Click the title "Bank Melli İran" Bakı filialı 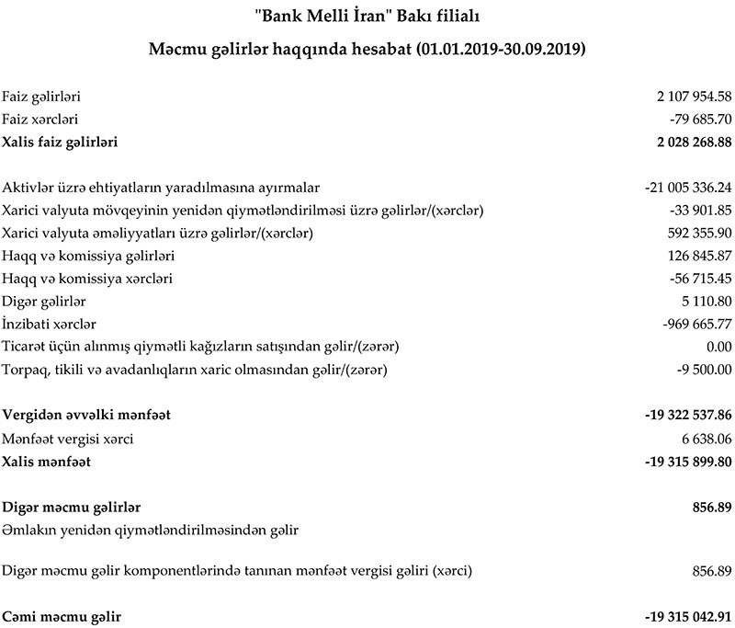367,16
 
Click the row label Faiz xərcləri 40,119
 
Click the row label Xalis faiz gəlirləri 61,142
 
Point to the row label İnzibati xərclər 50,324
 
